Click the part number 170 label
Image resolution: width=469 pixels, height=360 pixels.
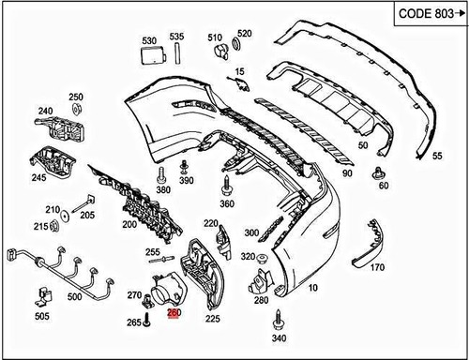[x=378, y=266]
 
